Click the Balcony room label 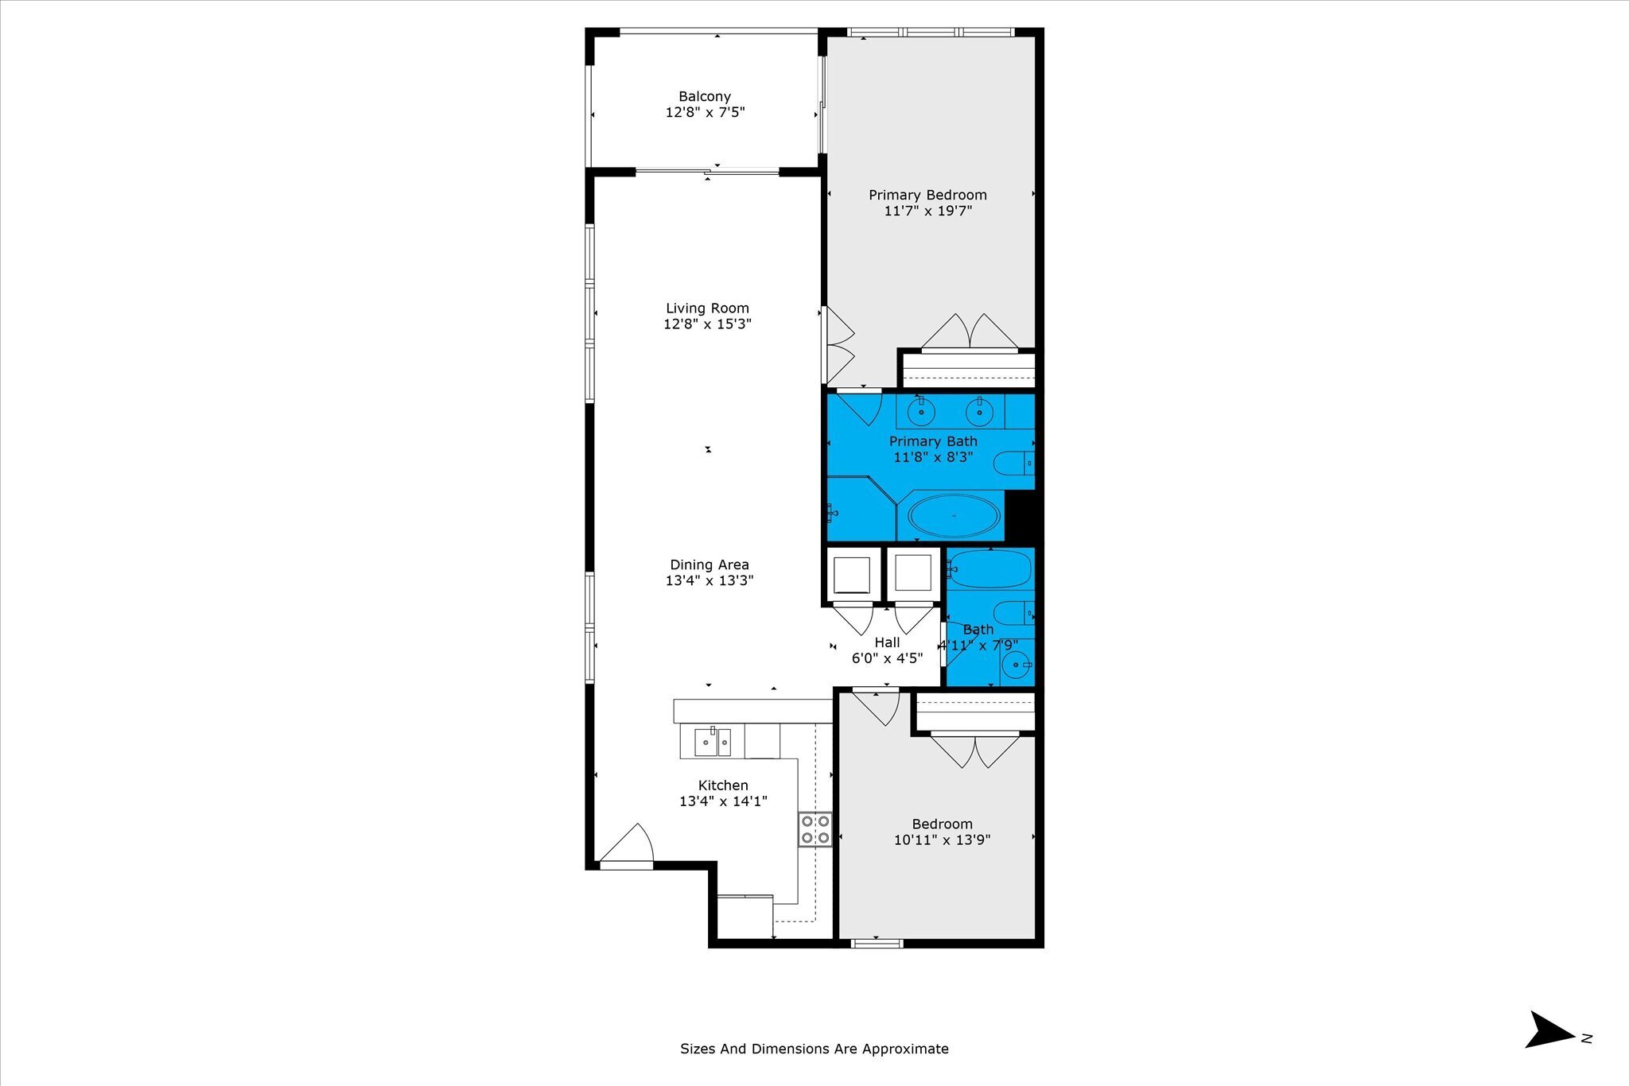(705, 96)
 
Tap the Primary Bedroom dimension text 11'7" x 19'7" (927, 211)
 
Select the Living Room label (707, 308)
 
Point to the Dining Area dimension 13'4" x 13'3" (710, 580)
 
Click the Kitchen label (723, 785)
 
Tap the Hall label (887, 642)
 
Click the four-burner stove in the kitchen (815, 829)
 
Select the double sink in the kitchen (713, 743)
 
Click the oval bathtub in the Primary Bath (954, 516)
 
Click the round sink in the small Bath (1017, 665)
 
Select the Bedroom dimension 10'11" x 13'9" (942, 840)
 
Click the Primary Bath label (933, 441)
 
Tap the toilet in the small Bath (1014, 614)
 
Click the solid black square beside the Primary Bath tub (1021, 516)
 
